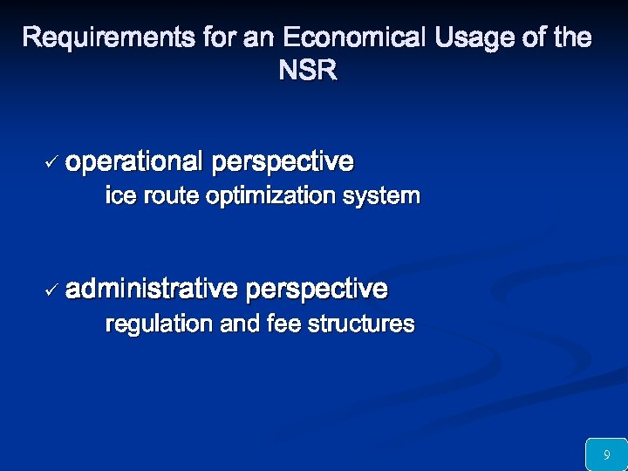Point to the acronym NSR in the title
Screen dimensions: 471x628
coord(307,71)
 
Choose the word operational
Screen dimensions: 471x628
coord(133,162)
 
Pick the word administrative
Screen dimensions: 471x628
coord(151,288)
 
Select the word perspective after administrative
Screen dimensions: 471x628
coord(317,288)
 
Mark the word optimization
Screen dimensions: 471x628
coord(270,197)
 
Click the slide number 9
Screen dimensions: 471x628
coord(606,454)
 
